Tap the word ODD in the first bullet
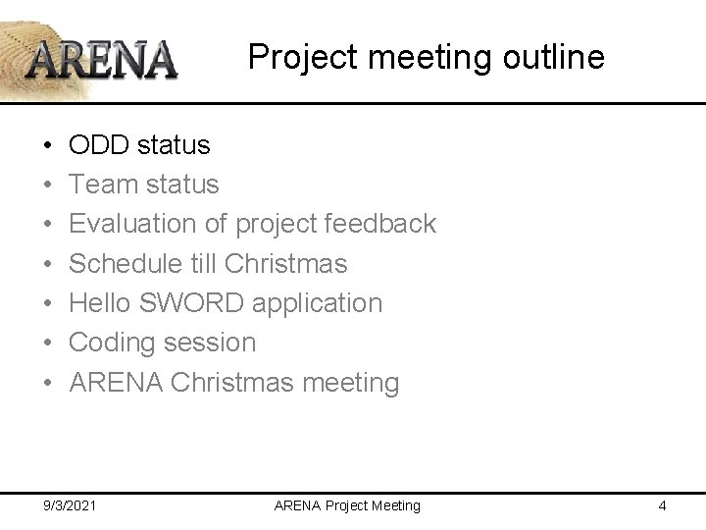click(100, 145)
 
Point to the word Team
click(104, 185)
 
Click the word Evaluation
click(133, 224)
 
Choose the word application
click(318, 303)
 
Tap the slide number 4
click(663, 505)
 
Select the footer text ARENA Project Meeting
click(347, 505)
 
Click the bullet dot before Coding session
click(49, 343)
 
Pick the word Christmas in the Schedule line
click(286, 263)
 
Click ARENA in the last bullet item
click(117, 382)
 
